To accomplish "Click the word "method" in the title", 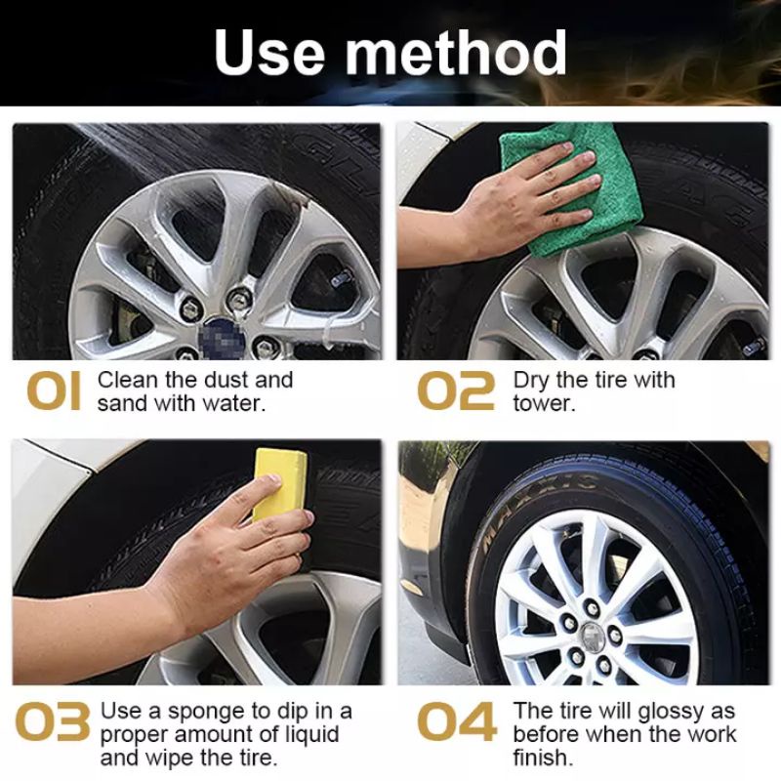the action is [456, 52].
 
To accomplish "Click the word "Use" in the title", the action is [270, 52].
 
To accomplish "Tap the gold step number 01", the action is [54, 392].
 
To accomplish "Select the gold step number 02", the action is [456, 392].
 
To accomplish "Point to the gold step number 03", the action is [53, 721].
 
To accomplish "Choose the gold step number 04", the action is [457, 721].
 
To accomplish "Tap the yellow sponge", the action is [279, 484].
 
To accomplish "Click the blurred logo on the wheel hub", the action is [222, 335].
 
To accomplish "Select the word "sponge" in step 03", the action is [206, 713].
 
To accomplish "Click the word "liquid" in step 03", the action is [309, 736].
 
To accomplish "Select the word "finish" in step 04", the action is [540, 759].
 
